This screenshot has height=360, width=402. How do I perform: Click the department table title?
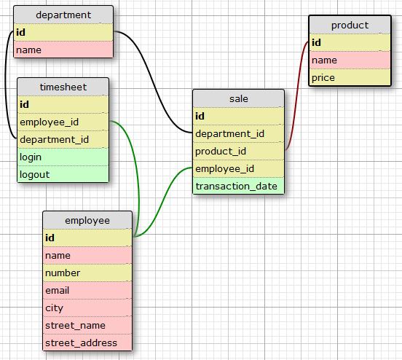pos(63,15)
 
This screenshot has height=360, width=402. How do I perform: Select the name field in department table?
pos(63,50)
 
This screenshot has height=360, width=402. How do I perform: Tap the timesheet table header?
pos(63,87)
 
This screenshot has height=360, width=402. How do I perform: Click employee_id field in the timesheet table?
pos(63,122)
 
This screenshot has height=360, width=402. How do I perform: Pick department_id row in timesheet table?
pos(63,139)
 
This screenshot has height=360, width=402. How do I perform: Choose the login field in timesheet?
pos(63,157)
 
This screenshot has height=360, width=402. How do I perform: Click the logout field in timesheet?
pos(63,174)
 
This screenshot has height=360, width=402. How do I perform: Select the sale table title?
pos(238,98)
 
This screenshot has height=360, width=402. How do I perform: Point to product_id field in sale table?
pos(238,151)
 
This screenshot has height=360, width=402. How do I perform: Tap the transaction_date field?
pos(238,186)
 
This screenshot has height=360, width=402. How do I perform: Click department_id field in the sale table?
pos(238,133)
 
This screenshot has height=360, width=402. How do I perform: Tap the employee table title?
pos(87,220)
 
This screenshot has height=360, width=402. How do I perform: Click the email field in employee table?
pos(87,290)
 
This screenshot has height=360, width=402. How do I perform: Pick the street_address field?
pos(87,343)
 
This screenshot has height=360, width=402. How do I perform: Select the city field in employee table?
pos(87,308)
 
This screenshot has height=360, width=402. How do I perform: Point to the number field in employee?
pos(87,273)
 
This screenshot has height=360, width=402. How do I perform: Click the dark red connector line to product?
pos(298,95)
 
